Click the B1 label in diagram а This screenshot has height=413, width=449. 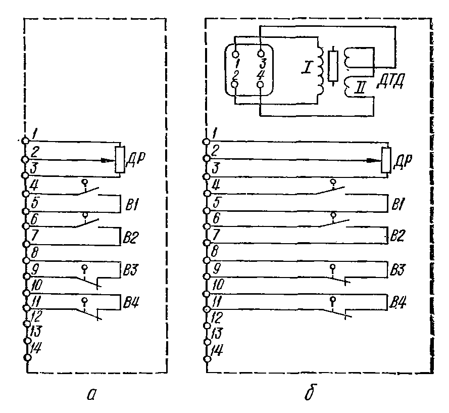tap(130, 205)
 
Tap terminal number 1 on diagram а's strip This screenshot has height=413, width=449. tap(34, 134)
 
